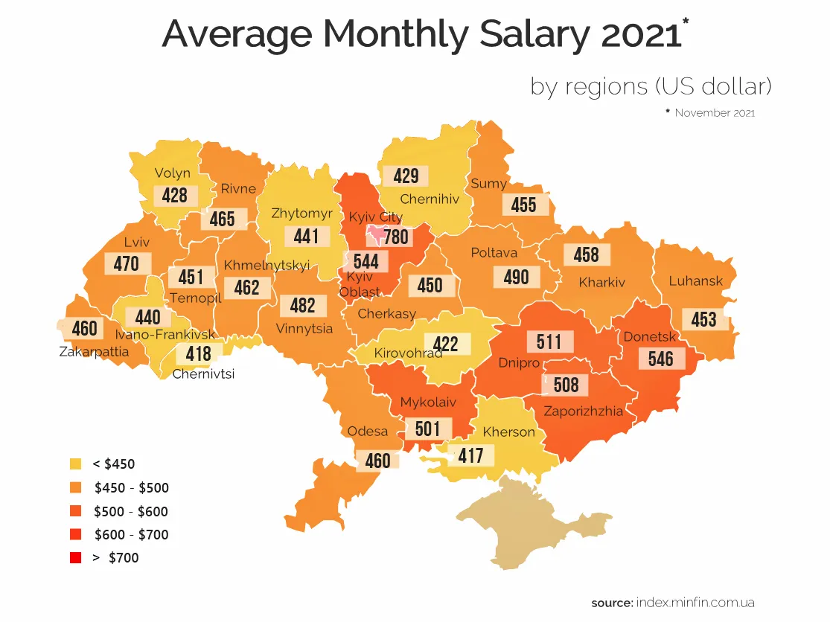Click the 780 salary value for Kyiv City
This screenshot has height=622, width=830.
coord(396,237)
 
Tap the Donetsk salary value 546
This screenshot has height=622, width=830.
coord(661,359)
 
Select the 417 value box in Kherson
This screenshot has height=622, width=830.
coord(470,455)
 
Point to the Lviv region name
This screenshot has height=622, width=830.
coord(137,243)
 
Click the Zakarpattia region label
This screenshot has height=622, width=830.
coord(94,352)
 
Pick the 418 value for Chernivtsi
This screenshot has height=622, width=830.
coord(199,353)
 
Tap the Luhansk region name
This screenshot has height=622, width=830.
coord(696,281)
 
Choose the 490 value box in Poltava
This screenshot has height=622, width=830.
coord(516,278)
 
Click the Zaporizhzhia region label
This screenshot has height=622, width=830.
coord(583,410)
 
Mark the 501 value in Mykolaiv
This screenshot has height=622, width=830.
coord(428,429)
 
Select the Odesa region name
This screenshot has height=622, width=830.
coord(368,432)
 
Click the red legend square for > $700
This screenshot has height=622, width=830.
coord(75,557)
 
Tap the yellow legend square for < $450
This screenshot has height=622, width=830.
coord(75,464)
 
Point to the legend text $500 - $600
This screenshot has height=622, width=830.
coord(131,511)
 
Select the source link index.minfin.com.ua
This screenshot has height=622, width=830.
coord(695,603)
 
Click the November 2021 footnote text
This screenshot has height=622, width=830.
coord(715,113)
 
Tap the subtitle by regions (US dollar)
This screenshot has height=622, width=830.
coord(651,86)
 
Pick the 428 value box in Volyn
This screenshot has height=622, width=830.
coord(175,195)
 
